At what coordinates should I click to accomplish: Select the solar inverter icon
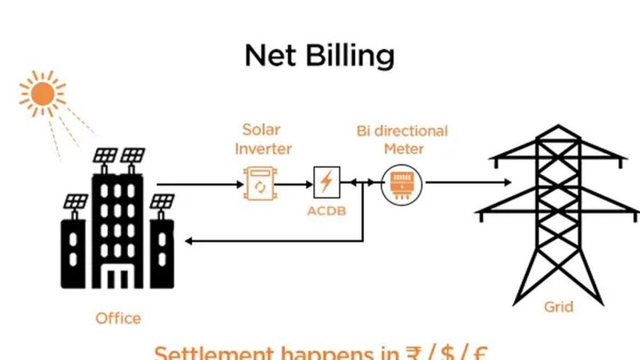coord(260,185)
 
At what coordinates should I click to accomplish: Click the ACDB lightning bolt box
coord(326,182)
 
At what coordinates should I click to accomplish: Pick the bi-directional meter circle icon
coord(401,184)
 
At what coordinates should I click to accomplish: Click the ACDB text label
coord(326,212)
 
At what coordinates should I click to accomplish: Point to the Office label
coord(118,318)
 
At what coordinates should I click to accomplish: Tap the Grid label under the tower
coord(558,307)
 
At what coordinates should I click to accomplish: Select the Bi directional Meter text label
coord(402,139)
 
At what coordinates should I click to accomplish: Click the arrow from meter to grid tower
coord(468,184)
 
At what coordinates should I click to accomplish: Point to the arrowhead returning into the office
coord(190,241)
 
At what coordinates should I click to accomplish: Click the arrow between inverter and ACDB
coord(295,185)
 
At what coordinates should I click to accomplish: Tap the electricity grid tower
coord(558,211)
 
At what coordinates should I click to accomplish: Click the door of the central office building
coord(118,277)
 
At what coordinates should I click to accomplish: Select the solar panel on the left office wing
coord(76,201)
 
